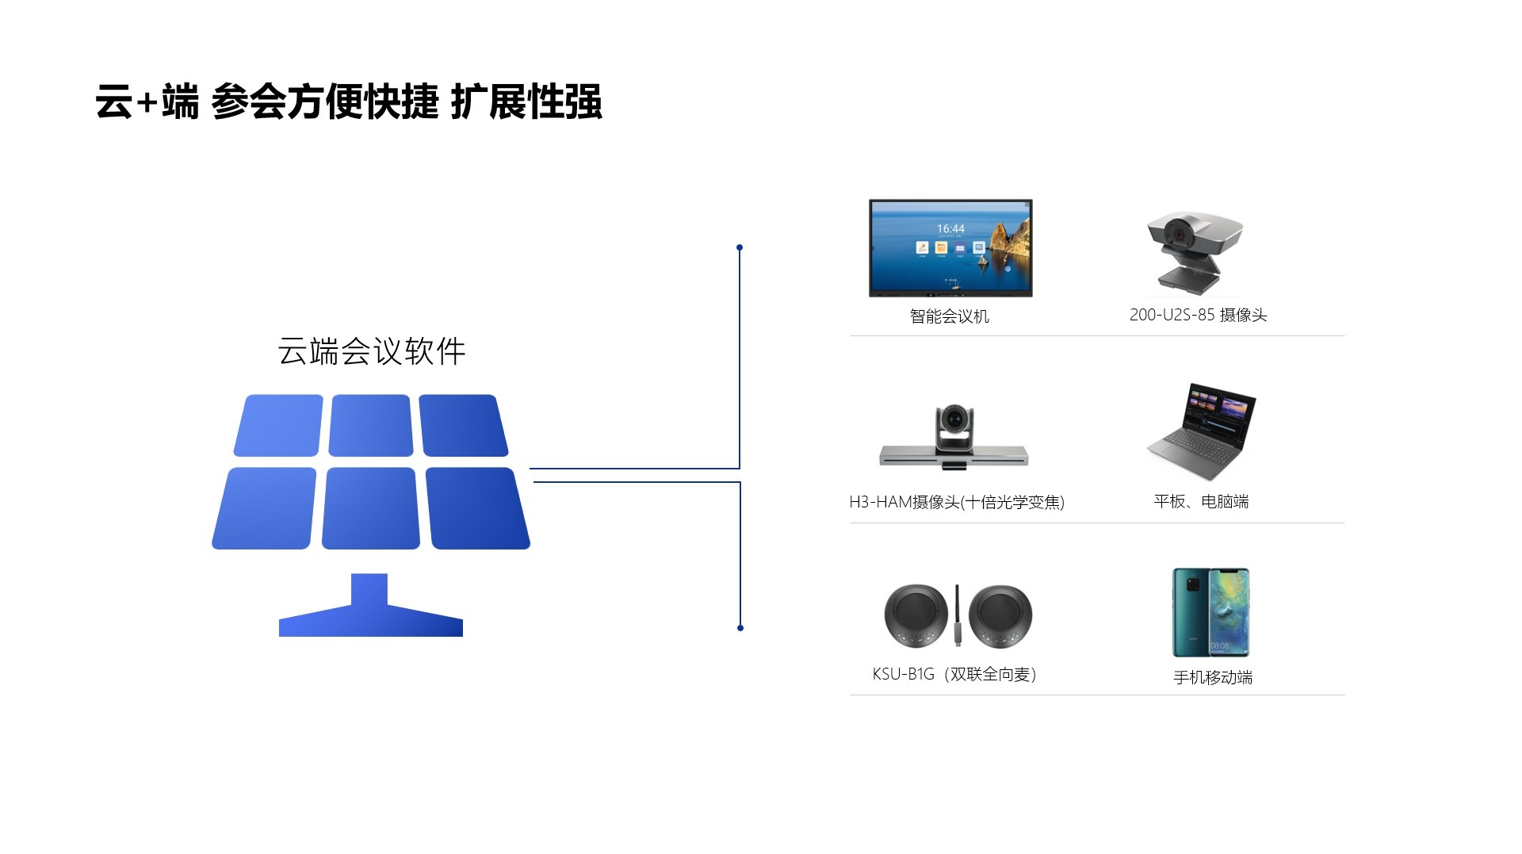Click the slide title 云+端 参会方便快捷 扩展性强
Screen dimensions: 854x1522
(349, 103)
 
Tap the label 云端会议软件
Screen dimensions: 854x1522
(371, 351)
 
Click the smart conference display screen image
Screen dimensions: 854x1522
(950, 248)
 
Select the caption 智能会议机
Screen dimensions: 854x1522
(949, 316)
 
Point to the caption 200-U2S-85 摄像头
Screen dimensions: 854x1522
(1198, 315)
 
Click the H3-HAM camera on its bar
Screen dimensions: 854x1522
(954, 438)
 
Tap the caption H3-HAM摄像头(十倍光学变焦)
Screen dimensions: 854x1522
(956, 502)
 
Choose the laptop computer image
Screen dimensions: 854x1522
(1201, 432)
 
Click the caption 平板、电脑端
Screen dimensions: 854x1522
(1201, 501)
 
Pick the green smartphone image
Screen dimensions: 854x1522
(1210, 612)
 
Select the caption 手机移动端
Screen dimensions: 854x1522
(1212, 677)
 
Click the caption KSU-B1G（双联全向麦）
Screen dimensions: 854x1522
(954, 674)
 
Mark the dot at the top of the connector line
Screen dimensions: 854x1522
(740, 247)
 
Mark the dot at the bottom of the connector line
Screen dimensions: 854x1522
(740, 628)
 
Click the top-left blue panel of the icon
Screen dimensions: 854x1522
(279, 425)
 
